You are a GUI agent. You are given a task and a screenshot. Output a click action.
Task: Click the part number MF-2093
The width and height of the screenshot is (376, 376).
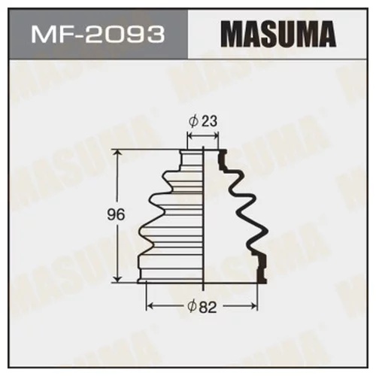[x=97, y=35]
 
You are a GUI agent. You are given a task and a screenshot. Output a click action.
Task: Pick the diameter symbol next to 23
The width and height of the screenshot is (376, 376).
[x=193, y=120]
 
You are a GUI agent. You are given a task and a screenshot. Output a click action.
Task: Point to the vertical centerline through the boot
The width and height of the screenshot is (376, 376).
[x=205, y=218]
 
